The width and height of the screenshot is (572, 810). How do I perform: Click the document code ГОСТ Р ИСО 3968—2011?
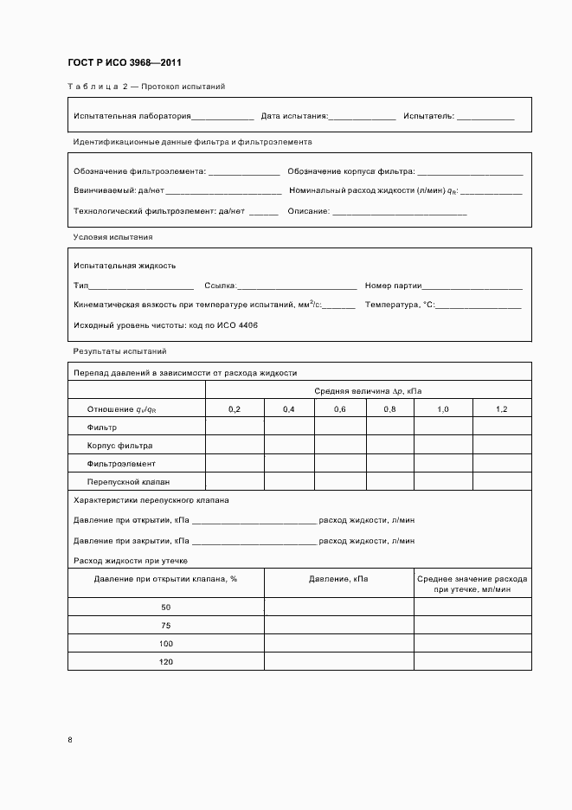point(124,63)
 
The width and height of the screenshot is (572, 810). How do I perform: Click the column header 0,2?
point(235,408)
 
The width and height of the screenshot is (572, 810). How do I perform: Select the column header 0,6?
point(340,408)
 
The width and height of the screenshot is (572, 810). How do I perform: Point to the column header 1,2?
point(502,408)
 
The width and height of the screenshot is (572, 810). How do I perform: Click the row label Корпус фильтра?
point(119,446)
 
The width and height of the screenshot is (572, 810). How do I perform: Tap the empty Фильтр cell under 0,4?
point(289,427)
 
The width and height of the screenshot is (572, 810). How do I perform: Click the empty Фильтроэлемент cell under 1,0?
point(442,464)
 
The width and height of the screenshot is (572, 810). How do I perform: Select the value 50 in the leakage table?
point(166,607)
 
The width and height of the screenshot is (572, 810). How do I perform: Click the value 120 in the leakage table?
point(166,662)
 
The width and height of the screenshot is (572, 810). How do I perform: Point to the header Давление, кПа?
point(338,578)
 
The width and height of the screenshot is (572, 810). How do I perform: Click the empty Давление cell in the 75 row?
point(338,625)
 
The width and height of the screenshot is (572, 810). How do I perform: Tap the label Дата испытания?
point(294,116)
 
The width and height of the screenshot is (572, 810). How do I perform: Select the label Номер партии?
point(393,286)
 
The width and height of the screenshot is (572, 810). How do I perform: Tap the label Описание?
point(309,210)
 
